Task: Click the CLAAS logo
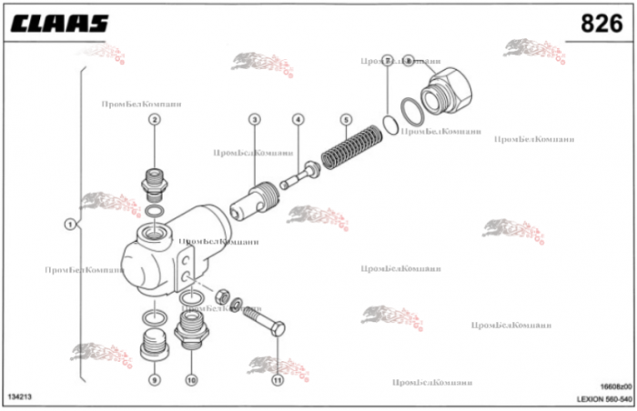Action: [59, 24]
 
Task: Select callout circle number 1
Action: [69, 225]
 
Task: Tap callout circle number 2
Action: [155, 119]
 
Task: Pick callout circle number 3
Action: [254, 119]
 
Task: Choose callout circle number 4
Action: [298, 119]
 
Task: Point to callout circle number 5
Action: [346, 119]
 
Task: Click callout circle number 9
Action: [155, 379]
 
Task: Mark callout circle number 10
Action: [191, 379]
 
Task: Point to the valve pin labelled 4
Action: [300, 174]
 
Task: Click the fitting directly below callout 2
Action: [154, 184]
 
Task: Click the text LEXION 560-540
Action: [603, 398]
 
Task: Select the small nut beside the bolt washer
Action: [219, 296]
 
